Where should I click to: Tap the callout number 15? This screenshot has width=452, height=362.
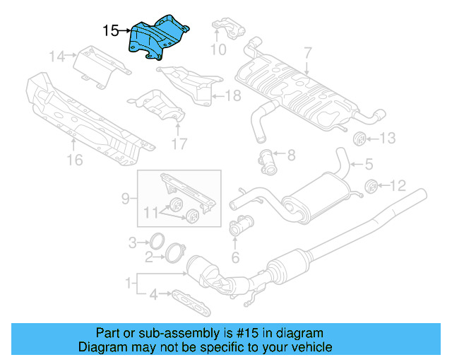[x=111, y=30]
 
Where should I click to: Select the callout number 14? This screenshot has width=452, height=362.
[x=56, y=55]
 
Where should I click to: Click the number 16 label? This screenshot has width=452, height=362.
[x=75, y=160]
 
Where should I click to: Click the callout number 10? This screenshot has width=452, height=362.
[x=218, y=49]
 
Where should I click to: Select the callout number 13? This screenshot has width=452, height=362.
[x=388, y=139]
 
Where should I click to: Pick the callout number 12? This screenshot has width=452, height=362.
[x=398, y=186]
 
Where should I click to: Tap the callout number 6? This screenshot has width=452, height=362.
[x=235, y=257]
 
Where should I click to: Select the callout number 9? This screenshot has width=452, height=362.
[x=125, y=199]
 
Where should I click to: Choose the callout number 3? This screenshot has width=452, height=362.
[x=132, y=243]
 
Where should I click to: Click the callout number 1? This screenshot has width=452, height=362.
[x=129, y=284]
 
